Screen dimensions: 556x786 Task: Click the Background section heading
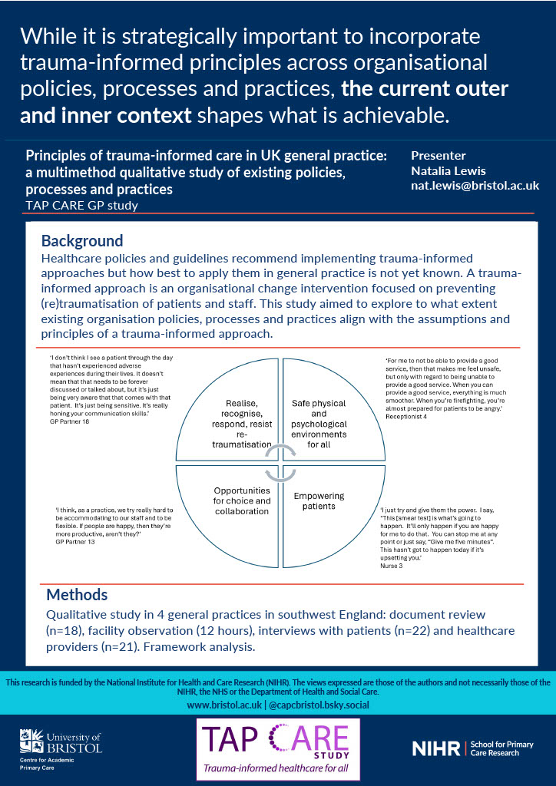81,240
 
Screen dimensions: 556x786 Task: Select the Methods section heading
77,595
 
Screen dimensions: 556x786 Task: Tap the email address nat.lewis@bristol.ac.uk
475,186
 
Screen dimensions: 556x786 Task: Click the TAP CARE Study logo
278,749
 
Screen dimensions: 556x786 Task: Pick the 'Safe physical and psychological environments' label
319,424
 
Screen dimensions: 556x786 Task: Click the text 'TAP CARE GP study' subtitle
81,205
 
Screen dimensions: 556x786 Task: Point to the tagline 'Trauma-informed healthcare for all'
278,768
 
